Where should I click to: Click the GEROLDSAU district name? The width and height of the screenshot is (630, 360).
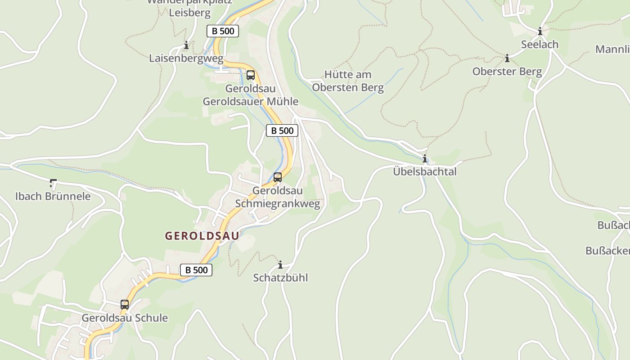point(202,236)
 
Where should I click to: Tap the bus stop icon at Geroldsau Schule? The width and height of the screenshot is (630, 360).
point(125,305)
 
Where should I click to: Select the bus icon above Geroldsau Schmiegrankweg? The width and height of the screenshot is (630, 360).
point(278,177)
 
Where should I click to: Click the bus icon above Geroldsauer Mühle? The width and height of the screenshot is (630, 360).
point(251,75)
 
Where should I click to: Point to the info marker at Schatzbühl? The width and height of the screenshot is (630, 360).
point(280,265)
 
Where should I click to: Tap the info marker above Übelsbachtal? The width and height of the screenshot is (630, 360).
point(424,158)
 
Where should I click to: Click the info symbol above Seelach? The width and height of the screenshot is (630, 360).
point(540,31)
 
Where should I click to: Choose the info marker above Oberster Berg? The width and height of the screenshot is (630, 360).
point(507,58)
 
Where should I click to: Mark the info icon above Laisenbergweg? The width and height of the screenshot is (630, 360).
point(186,45)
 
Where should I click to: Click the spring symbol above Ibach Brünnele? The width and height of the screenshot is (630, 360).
point(53,183)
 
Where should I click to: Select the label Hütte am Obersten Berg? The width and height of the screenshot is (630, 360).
point(348,81)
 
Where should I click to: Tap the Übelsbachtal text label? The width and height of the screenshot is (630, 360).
point(425,171)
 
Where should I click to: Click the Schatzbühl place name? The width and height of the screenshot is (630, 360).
point(280,278)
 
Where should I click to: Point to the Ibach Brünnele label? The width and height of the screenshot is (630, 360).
point(53,196)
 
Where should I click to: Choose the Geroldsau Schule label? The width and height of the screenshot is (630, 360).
point(125,318)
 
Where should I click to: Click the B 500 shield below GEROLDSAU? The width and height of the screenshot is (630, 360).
point(196,270)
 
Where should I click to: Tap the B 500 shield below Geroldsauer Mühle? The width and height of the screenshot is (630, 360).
point(282,130)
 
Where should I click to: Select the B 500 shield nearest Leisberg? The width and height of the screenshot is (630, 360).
point(223,31)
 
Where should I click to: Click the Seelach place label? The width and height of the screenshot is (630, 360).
point(540,45)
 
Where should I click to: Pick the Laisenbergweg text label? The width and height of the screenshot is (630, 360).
point(186,58)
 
